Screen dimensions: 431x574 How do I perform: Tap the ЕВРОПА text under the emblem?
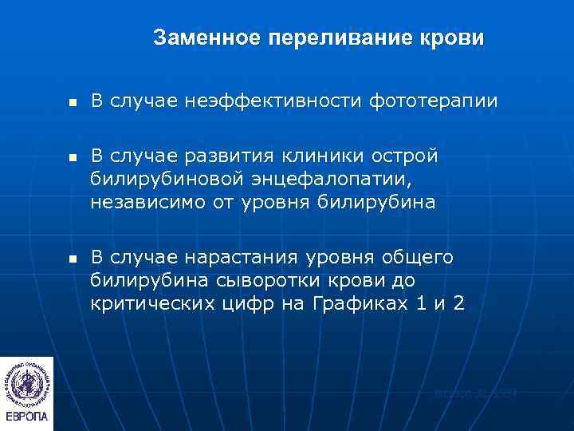(x=26, y=417)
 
